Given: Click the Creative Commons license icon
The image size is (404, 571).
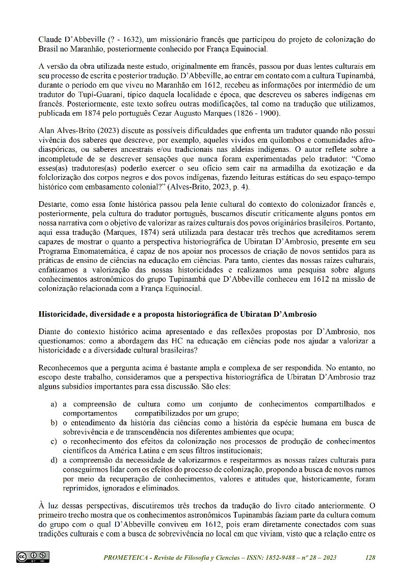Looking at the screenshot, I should point(33,557).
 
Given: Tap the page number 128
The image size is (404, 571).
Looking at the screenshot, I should point(370,558).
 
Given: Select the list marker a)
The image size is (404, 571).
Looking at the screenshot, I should point(53,404).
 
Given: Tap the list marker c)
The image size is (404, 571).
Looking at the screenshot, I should point(53,441).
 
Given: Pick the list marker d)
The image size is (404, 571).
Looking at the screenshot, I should point(53,460).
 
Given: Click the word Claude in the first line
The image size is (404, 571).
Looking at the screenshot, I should point(50,39).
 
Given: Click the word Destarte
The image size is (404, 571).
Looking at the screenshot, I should point(53,204).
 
